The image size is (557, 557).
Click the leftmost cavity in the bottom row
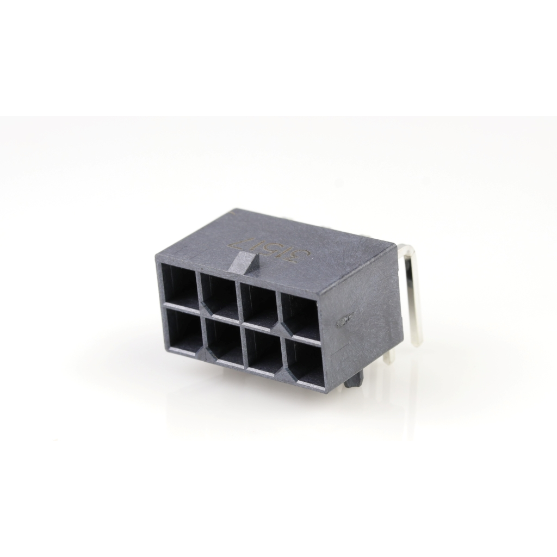(x=181, y=331)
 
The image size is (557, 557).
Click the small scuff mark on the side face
(x=343, y=320)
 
